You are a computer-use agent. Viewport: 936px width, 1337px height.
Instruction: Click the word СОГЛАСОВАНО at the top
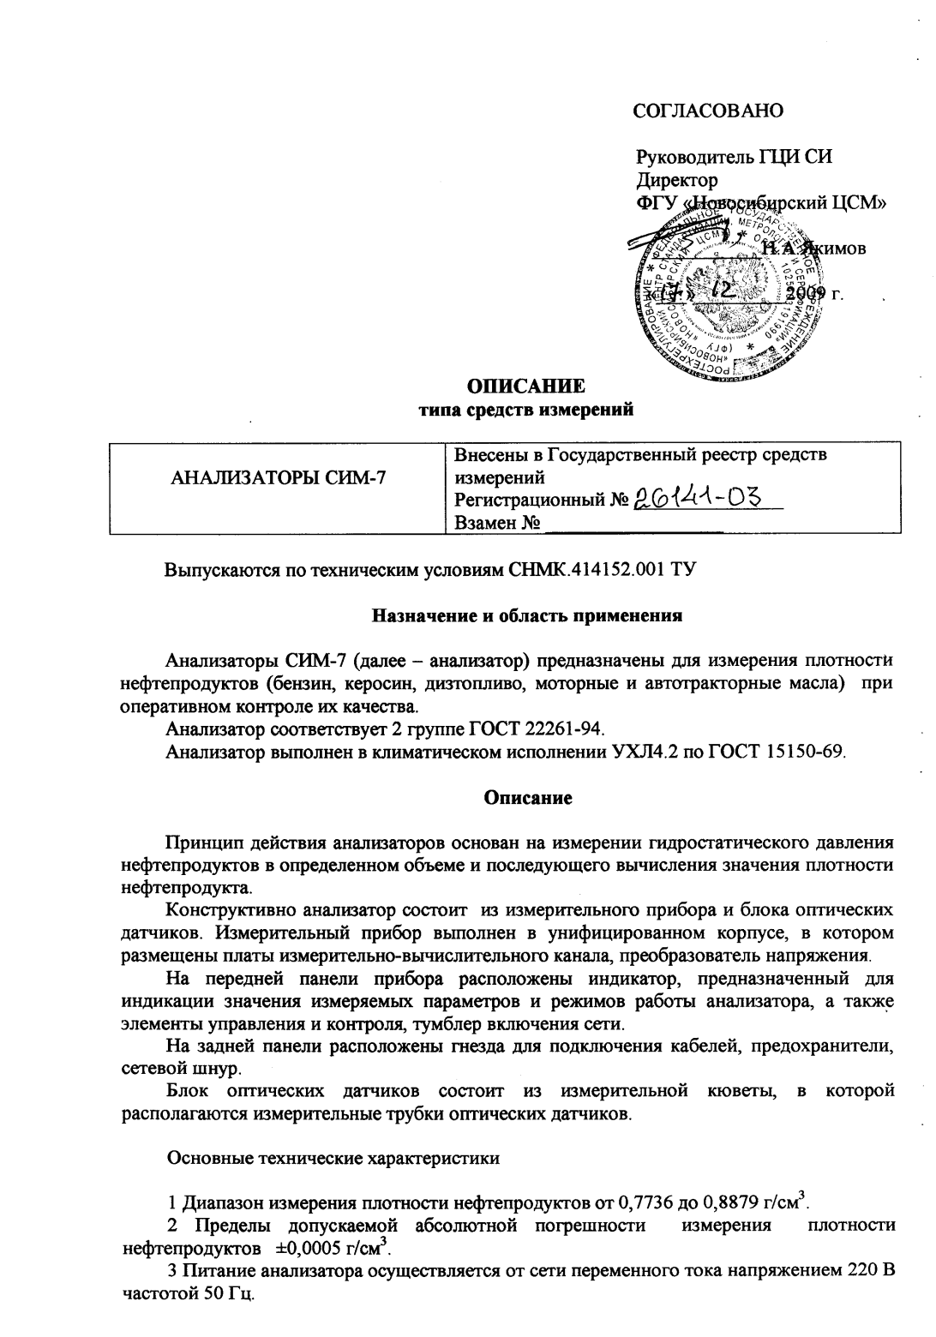point(708,111)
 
